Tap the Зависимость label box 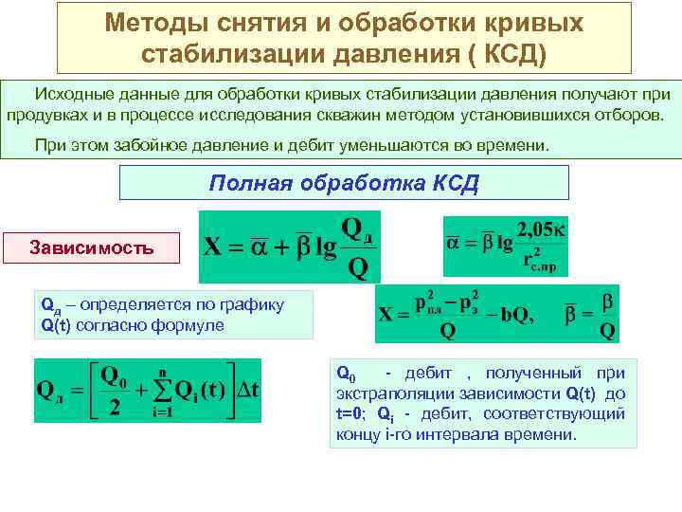[92, 247]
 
